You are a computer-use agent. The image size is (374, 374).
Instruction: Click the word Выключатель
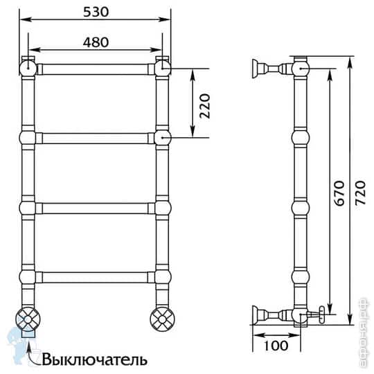94,359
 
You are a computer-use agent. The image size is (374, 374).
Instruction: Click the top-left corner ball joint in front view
27,67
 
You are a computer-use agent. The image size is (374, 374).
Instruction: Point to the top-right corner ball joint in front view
163,67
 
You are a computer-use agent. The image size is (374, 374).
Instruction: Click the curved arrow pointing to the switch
30,350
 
